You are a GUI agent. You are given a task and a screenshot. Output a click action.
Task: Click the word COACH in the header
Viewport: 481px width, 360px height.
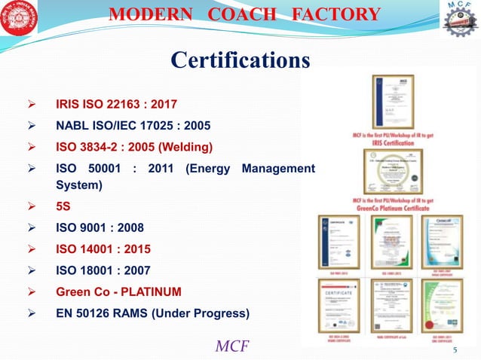pyautogui.click(x=256, y=14)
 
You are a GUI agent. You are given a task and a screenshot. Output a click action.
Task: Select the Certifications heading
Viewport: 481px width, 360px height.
pyautogui.click(x=240, y=59)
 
